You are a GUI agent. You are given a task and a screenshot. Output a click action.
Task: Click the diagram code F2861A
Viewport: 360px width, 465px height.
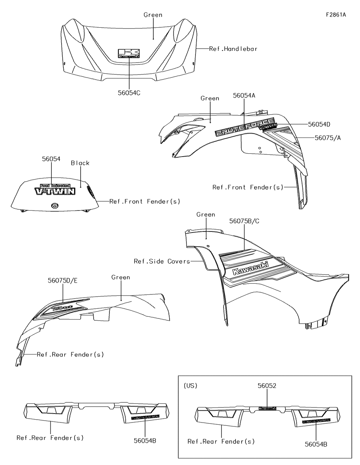tap(336, 15)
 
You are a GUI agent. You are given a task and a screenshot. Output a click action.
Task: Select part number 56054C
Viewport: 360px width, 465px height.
tap(129, 93)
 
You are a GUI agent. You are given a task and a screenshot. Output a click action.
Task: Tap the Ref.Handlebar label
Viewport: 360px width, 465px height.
tap(233, 49)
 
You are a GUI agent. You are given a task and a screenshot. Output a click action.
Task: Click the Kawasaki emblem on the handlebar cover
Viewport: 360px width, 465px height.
tap(129, 53)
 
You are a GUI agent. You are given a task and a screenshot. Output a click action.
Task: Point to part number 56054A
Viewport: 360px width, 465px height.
tap(244, 95)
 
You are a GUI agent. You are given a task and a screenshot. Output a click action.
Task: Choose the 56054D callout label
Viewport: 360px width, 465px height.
tap(319, 125)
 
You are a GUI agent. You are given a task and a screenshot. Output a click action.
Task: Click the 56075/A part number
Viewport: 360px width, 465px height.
tap(328, 137)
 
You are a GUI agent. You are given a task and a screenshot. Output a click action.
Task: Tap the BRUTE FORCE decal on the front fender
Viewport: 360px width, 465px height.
tap(245, 127)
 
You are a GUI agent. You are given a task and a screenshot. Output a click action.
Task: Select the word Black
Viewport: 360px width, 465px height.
tap(80, 163)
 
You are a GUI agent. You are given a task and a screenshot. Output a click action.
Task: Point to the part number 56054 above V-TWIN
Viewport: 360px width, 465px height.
tap(51, 159)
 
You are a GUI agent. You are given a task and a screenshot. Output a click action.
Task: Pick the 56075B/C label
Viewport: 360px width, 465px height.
tap(244, 221)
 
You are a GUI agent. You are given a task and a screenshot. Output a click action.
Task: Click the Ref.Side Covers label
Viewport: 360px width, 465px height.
tap(162, 261)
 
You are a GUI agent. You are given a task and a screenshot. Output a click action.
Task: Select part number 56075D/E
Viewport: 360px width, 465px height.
tap(62, 280)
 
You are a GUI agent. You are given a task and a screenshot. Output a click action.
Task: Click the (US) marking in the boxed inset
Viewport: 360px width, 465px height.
tap(190, 385)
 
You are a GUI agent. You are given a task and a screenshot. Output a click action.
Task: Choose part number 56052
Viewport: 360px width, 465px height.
tap(267, 385)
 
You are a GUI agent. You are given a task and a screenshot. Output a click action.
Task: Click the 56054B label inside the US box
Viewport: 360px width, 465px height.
tap(316, 444)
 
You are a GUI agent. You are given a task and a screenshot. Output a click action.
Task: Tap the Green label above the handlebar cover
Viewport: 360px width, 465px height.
tap(153, 15)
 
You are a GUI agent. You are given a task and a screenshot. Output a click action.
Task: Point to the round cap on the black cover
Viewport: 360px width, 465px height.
tap(55, 206)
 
